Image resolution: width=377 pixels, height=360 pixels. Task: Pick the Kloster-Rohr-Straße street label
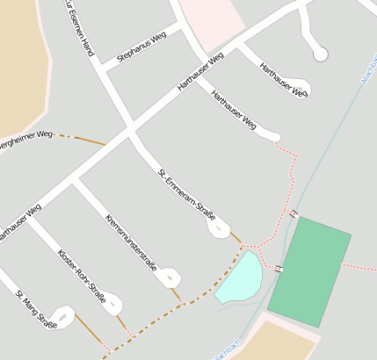(81, 277)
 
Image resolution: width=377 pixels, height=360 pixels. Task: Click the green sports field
(309, 272)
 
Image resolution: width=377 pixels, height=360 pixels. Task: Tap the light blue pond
(239, 277)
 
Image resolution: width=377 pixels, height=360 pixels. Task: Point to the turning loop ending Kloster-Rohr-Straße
(114, 305)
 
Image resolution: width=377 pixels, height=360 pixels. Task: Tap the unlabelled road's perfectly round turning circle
(320, 54)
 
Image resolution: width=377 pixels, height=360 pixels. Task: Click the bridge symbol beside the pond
(278, 268)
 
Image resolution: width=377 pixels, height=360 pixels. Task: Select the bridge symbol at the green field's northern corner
(294, 214)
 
